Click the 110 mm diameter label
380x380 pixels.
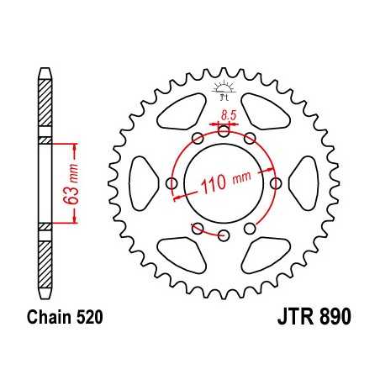pyautogui.click(x=224, y=185)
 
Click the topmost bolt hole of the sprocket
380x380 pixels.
pyautogui.click(x=224, y=130)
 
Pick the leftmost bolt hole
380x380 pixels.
pyautogui.click(x=172, y=182)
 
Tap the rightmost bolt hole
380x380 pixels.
pyautogui.click(x=276, y=182)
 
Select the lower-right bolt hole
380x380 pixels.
pyautogui.click(x=250, y=228)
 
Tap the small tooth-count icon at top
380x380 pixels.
pyautogui.click(x=223, y=89)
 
